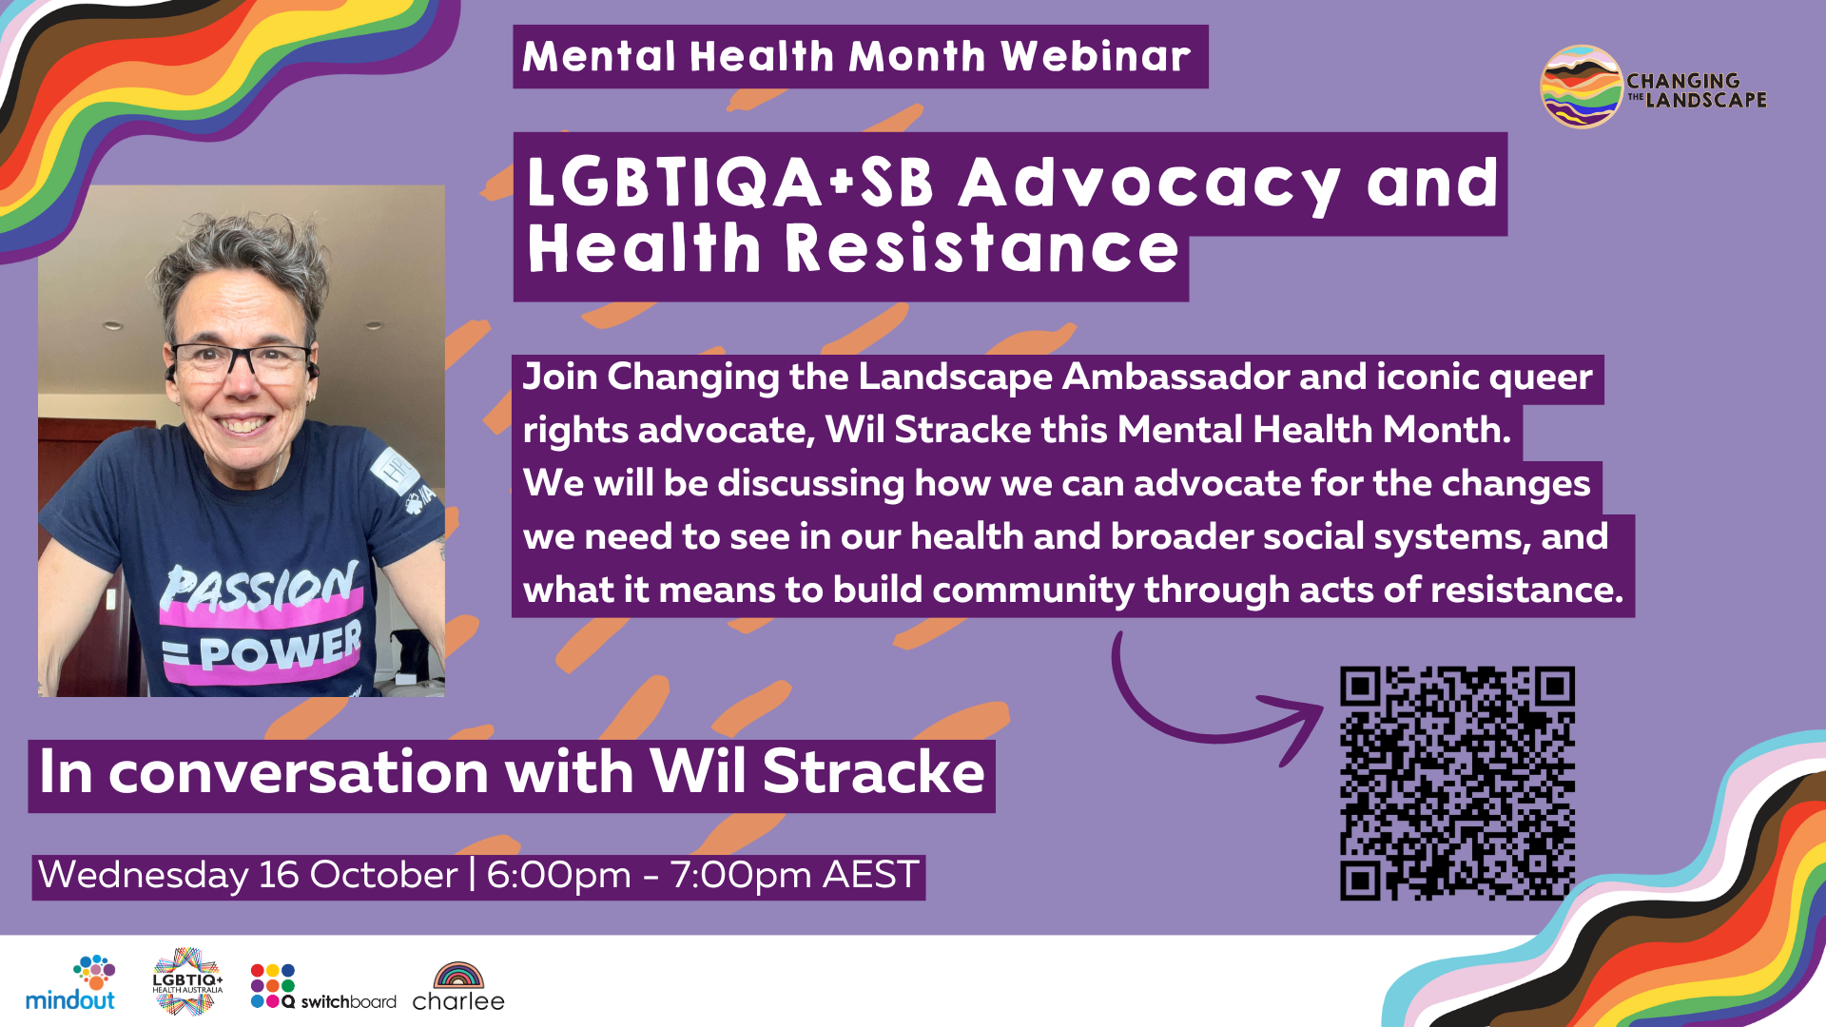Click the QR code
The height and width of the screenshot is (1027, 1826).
(x=1457, y=784)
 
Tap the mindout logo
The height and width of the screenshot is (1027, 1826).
(x=70, y=983)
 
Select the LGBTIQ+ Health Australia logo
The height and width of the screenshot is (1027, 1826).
(x=187, y=981)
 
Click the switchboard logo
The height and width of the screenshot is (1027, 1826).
(x=323, y=986)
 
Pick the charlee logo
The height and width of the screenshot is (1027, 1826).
(x=458, y=987)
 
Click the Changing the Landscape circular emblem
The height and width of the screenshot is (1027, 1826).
(x=1581, y=87)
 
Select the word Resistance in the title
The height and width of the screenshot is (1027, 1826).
(x=981, y=248)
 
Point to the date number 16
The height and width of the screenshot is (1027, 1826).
(x=279, y=875)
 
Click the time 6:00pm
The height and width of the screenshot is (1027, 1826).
(x=559, y=875)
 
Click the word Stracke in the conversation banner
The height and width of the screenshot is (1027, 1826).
(x=873, y=771)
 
